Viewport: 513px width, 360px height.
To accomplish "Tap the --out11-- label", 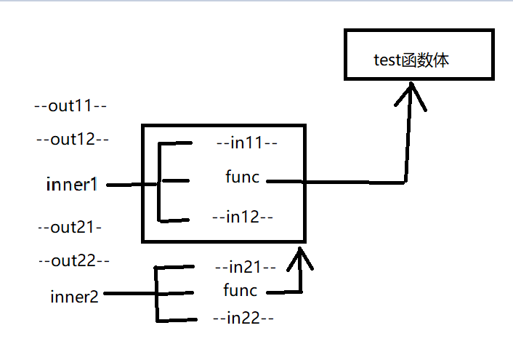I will coord(71,106).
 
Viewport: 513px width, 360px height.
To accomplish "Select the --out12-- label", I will coord(72,140).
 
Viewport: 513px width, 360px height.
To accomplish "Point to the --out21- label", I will coord(70,228).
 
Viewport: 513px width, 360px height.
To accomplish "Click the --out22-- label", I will coord(73,260).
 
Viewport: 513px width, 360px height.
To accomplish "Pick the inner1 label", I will coord(71,185).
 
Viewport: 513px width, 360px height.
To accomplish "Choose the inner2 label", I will coord(75,296).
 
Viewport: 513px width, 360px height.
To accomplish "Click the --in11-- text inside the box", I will coord(246,143).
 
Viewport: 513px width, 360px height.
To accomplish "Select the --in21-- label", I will coord(245,267).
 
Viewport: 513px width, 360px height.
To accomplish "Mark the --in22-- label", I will coord(242,318).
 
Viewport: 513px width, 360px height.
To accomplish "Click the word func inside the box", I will coord(242,177).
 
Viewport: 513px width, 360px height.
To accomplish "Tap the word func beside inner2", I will coord(240,291).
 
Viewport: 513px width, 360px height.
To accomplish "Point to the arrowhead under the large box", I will coord(299,255).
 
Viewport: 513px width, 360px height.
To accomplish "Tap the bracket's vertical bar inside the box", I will coord(159,182).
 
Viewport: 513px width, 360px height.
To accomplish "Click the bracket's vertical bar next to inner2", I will coord(156,294).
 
